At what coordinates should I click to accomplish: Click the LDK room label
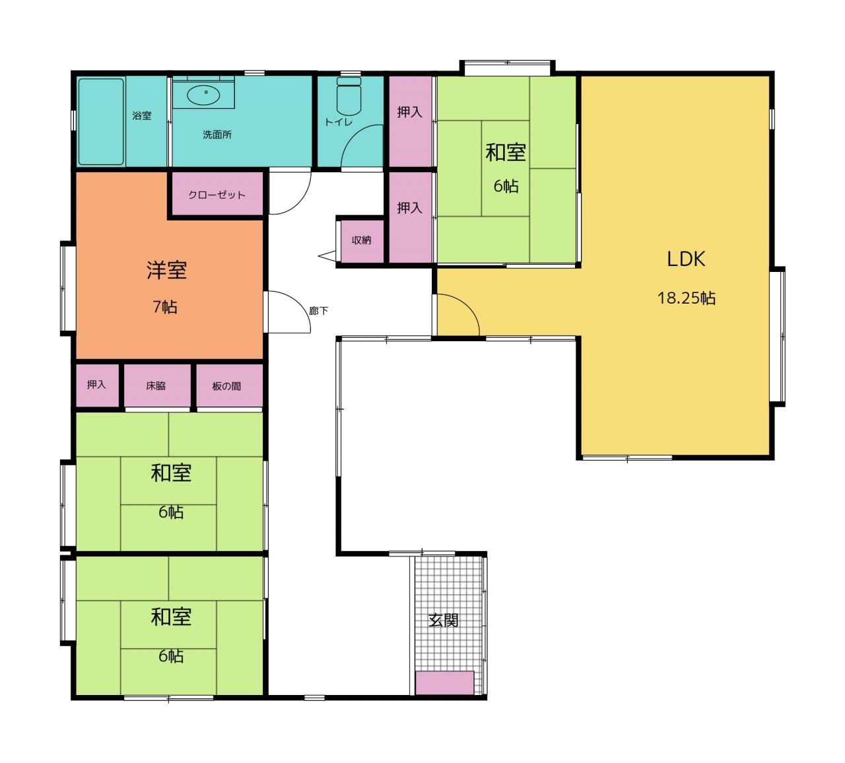(686, 259)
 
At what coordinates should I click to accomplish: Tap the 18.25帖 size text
(686, 298)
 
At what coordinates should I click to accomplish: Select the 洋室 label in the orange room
(167, 270)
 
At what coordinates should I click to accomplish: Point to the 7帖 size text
(164, 307)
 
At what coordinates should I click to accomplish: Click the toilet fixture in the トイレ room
(349, 96)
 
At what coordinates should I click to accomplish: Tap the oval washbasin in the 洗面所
(203, 95)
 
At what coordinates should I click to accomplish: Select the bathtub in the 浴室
(101, 121)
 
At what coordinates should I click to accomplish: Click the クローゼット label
(217, 195)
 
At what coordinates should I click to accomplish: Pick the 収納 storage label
(361, 240)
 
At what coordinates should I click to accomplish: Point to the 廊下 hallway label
(318, 311)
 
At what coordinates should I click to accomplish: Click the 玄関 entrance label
(443, 620)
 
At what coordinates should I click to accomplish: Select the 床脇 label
(156, 385)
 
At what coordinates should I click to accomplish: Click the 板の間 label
(226, 386)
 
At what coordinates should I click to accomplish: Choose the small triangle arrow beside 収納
(327, 255)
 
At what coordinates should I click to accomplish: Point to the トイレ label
(338, 122)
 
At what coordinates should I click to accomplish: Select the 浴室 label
(141, 116)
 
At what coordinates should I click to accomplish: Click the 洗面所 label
(217, 135)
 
